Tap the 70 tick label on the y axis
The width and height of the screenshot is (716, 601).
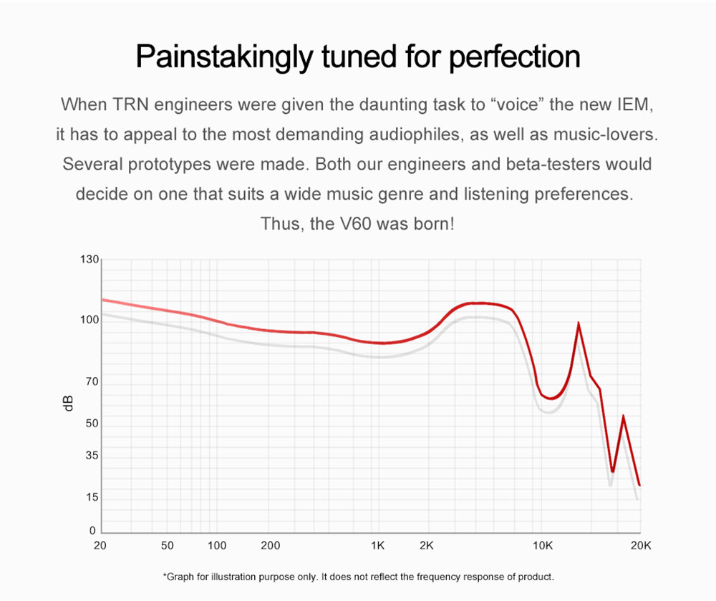click(x=91, y=382)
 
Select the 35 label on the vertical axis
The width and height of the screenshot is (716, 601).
click(x=91, y=456)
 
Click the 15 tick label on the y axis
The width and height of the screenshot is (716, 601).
click(x=91, y=498)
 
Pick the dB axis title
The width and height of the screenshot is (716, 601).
click(x=69, y=403)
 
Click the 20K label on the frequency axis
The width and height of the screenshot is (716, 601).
click(x=639, y=545)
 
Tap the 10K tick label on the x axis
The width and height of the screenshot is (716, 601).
click(x=543, y=545)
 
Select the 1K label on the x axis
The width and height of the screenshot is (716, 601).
click(x=378, y=545)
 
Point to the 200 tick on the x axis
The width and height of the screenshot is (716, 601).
click(x=270, y=545)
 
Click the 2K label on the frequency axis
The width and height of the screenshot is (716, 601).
click(x=427, y=545)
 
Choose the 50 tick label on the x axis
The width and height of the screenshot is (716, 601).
click(x=168, y=545)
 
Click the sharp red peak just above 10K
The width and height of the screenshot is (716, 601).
click(x=578, y=323)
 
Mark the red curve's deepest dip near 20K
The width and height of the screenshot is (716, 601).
click(x=612, y=471)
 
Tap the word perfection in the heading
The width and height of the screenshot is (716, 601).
click(x=514, y=57)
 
